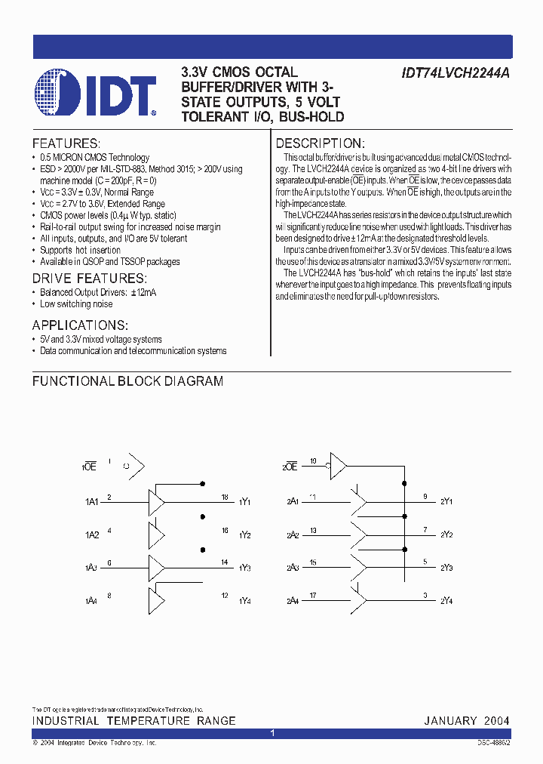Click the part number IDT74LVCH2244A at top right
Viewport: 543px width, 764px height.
[x=455, y=74]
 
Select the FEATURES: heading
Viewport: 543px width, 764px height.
[x=66, y=143]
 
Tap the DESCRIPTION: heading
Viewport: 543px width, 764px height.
[x=321, y=143]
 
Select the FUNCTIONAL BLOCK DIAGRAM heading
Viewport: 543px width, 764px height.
[x=127, y=381]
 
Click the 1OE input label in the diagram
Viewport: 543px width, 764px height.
[x=89, y=467]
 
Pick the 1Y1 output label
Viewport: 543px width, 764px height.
[x=245, y=502]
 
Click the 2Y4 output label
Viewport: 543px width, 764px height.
[x=446, y=601]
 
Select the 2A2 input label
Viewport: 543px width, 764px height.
[x=293, y=535]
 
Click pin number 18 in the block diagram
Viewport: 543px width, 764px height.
[x=225, y=497]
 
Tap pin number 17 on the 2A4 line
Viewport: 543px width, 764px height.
[x=313, y=596]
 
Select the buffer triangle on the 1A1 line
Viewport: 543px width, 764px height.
[x=157, y=501]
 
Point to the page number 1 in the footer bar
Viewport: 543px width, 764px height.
[x=271, y=733]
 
